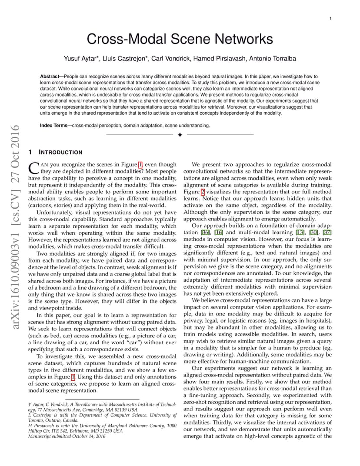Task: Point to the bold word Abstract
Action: (49, 76)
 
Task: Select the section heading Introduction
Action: (60, 153)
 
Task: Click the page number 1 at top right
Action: (331, 18)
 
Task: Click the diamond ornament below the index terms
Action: (180, 135)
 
